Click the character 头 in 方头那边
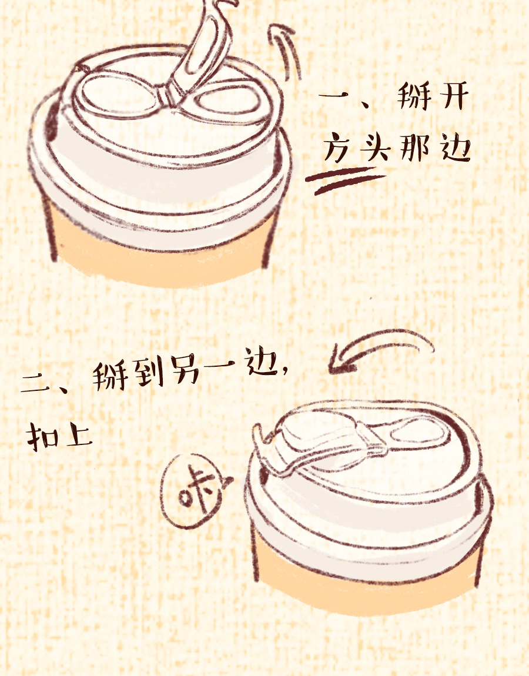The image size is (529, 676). pyautogui.click(x=375, y=148)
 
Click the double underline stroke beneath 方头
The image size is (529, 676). pyautogui.click(x=345, y=180)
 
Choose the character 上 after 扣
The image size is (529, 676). pyautogui.click(x=78, y=436)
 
